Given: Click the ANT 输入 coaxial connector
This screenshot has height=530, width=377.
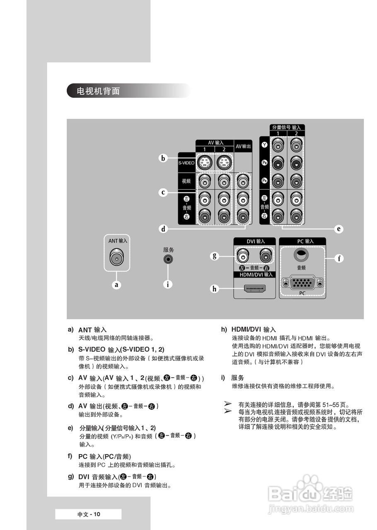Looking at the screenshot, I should click(116, 258).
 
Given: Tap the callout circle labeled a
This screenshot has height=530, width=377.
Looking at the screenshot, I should click(117, 284).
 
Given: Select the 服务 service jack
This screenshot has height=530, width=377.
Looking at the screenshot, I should click(168, 259).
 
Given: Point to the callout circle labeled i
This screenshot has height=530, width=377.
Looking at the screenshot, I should click(168, 284).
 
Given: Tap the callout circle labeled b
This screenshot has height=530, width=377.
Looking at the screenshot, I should click(164, 158).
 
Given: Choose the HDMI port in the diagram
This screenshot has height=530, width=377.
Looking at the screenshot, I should click(254, 289).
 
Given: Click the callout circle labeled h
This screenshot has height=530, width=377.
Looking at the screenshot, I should click(214, 289).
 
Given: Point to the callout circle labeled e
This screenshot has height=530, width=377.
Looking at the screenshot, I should click(339, 228).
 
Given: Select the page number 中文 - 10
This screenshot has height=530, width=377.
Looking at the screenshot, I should click(89, 514).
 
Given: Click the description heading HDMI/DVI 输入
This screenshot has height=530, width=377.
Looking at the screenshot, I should click(254, 330).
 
